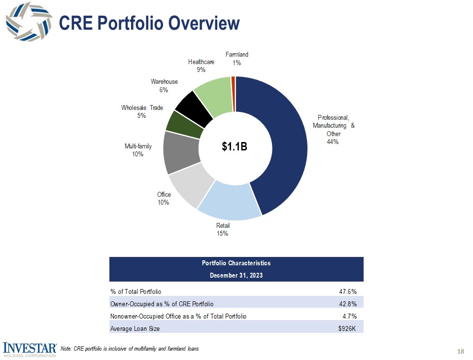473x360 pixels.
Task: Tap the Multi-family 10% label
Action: coord(138,150)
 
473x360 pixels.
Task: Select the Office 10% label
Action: coord(164,199)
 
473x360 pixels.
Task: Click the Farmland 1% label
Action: coord(236,59)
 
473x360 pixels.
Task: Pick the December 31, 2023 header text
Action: coord(236,275)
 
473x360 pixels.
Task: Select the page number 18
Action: coord(461,351)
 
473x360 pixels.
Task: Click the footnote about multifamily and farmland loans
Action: coord(129,349)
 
